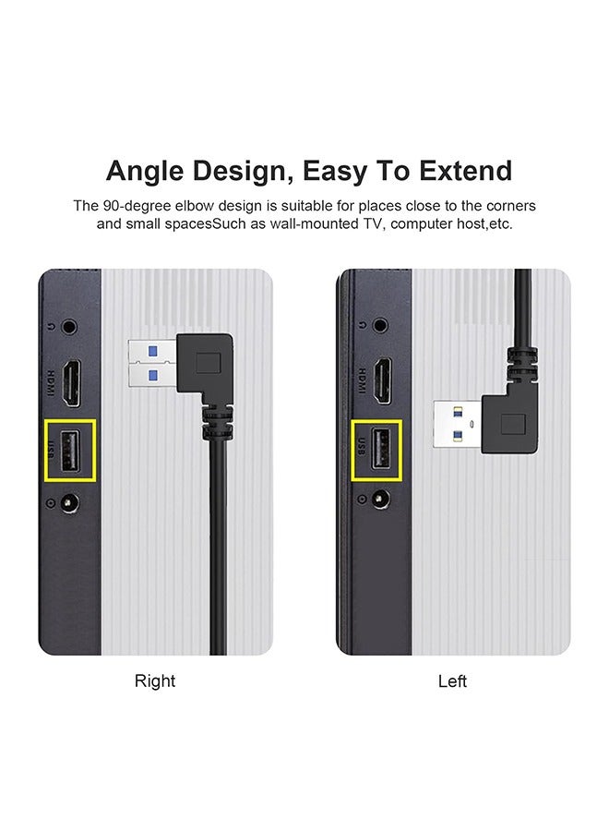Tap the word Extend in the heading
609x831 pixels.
(464, 171)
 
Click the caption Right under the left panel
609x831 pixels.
(155, 681)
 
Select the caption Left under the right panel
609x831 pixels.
(452, 681)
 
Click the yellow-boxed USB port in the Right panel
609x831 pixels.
(70, 451)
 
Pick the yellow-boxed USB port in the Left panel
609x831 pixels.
(376, 450)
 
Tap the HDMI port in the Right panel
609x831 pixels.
(72, 379)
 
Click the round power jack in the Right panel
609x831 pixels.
(67, 503)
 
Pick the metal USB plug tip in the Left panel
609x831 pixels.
(459, 425)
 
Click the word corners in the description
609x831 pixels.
(511, 205)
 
